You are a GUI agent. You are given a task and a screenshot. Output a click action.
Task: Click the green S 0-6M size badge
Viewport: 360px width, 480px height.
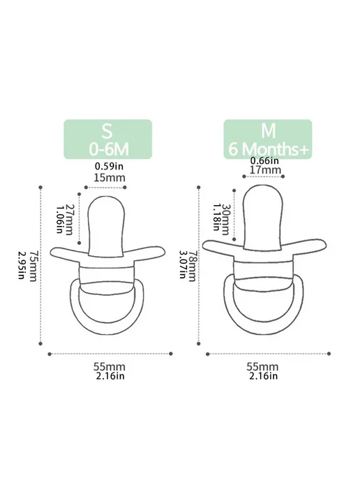pyautogui.click(x=107, y=140)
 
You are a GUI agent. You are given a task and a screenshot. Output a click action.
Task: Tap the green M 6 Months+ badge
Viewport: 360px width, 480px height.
pyautogui.click(x=268, y=140)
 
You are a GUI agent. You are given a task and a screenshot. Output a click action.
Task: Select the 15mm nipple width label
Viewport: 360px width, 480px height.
pyautogui.click(x=110, y=177)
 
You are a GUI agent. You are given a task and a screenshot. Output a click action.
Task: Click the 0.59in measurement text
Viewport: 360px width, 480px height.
pyautogui.click(x=109, y=166)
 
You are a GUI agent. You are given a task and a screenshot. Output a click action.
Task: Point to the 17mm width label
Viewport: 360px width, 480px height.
pyautogui.click(x=265, y=170)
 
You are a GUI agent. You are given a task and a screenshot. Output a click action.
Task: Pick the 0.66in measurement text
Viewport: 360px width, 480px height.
pyautogui.click(x=264, y=160)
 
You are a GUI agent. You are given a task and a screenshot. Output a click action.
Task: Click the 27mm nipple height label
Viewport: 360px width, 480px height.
pyautogui.click(x=69, y=219)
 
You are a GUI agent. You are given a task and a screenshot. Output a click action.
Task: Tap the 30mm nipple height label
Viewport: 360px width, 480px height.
pyautogui.click(x=225, y=219)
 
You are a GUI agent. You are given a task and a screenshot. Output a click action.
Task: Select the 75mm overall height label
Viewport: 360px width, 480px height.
pyautogui.click(x=33, y=266)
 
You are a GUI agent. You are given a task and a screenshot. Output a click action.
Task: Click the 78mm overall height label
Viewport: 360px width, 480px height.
pyautogui.click(x=191, y=266)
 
